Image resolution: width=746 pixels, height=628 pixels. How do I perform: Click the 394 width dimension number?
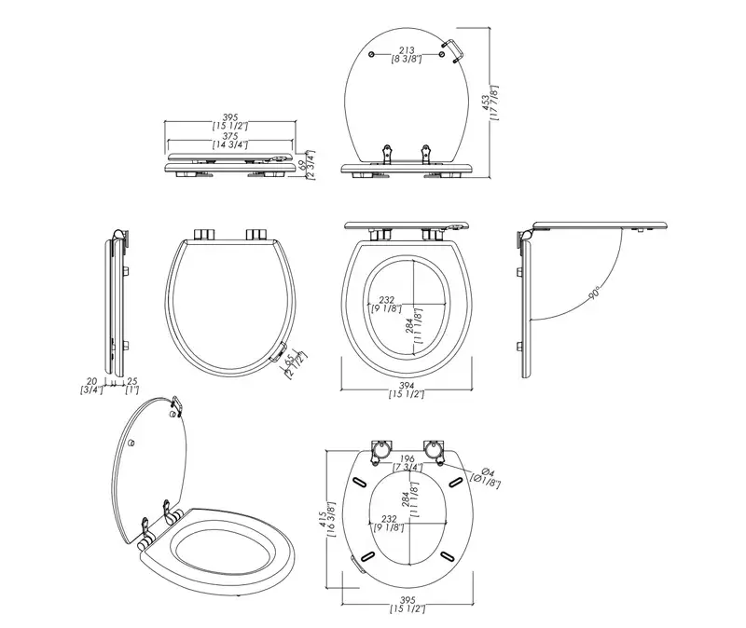tap(407, 386)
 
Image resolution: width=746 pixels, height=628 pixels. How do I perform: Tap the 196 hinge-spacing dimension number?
tap(406, 457)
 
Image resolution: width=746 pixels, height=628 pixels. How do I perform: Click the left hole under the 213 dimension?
tap(373, 58)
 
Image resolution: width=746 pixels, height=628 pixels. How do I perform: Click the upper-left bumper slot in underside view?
tap(360, 481)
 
